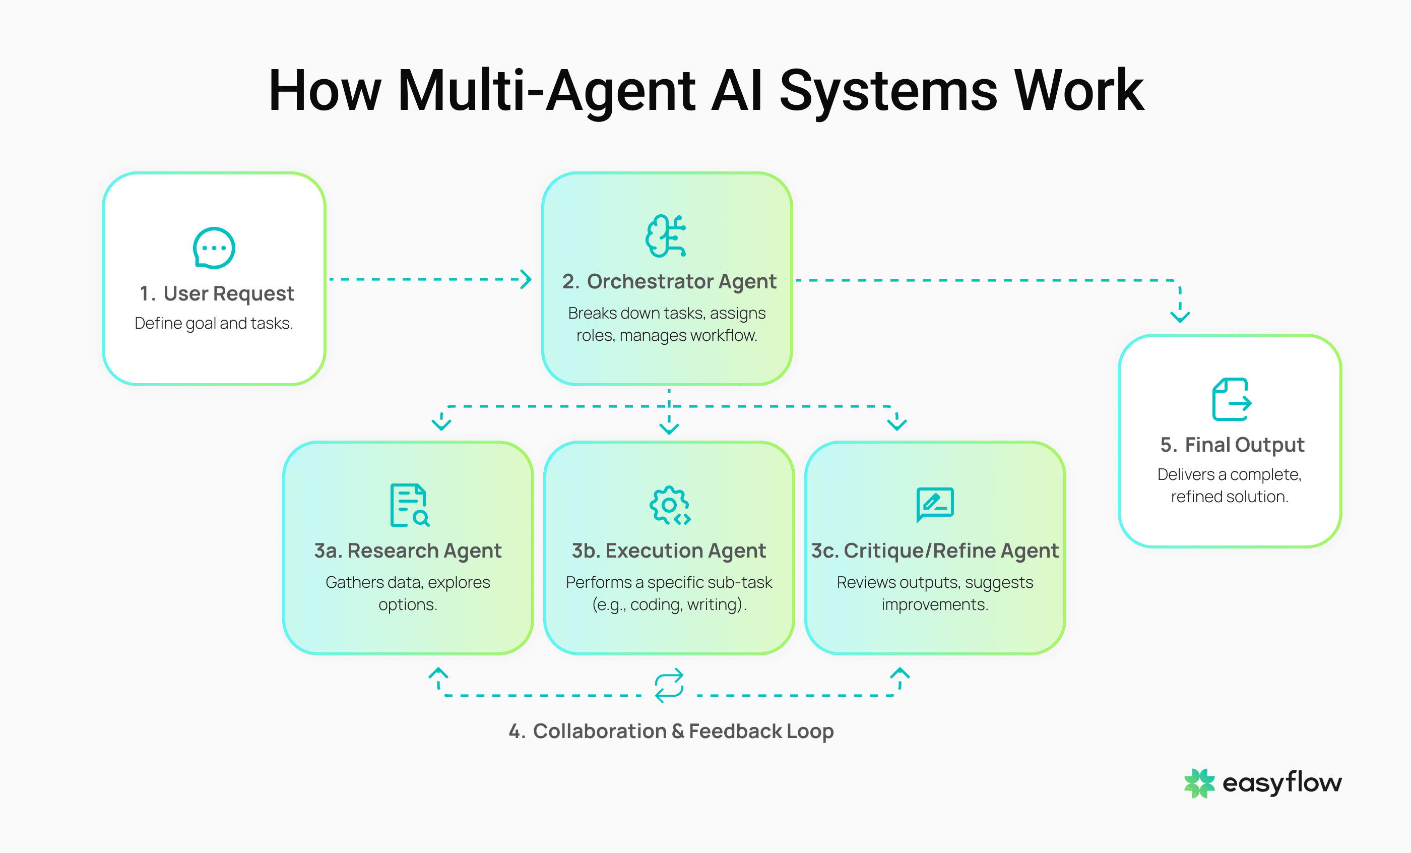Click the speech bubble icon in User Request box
point(214,248)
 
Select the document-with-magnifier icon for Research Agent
point(409,505)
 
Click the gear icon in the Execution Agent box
point(669,505)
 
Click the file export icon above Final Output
point(1231,399)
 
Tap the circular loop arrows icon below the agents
point(669,685)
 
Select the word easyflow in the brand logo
point(1281,783)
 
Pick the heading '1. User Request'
point(217,293)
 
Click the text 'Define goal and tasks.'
point(214,323)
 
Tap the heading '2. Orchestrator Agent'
point(668,281)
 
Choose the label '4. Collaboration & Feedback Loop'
point(671,731)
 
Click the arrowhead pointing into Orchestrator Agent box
point(526,280)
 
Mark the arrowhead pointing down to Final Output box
point(1180,316)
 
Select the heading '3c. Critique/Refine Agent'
point(935,551)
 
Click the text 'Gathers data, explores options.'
point(408,593)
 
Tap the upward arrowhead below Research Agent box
point(438,673)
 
